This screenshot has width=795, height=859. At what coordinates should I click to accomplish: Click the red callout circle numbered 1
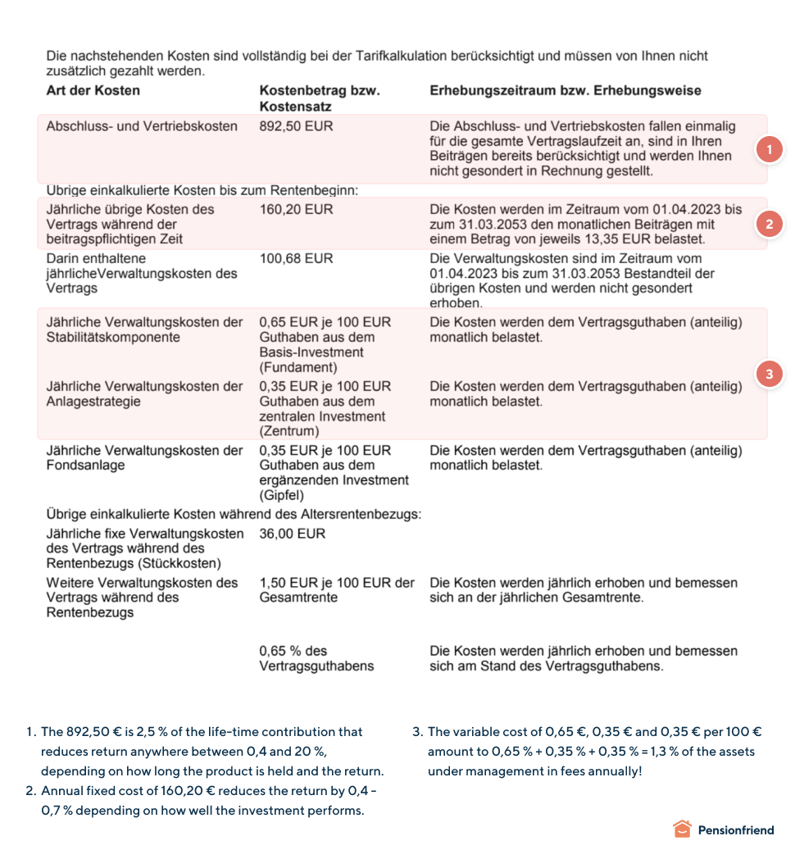(769, 150)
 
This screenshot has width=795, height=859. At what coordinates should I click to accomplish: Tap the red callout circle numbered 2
(769, 224)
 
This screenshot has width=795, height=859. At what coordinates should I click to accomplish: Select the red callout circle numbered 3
(769, 374)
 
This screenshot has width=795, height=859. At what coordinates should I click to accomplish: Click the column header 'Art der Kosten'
(93, 90)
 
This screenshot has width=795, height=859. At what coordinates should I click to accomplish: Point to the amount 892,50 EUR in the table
(296, 126)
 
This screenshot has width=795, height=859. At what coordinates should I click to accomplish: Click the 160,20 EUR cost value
(296, 209)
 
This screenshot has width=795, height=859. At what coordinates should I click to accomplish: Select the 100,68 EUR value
(296, 258)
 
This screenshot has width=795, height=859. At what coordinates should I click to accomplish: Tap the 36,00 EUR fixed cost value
(292, 534)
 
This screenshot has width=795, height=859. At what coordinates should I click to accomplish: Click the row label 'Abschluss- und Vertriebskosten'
(142, 126)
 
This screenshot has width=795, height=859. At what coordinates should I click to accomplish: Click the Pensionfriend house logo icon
(682, 829)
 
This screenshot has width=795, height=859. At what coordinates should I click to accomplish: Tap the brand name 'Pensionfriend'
(735, 830)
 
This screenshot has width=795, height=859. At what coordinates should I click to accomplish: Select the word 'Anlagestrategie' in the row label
(93, 402)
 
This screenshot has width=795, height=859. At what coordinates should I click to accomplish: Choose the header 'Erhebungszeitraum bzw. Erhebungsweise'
(565, 90)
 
